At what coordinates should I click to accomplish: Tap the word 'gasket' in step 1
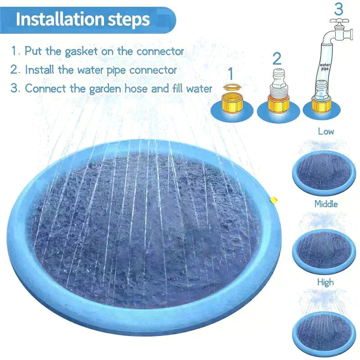tap(80, 51)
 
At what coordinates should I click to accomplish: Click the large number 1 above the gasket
tap(231, 73)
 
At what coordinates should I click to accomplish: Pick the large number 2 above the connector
tap(277, 58)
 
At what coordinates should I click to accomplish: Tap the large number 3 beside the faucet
tap(338, 9)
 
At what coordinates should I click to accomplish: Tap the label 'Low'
tap(325, 132)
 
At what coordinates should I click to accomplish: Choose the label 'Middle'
tap(325, 204)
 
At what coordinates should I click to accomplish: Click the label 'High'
tap(325, 282)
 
